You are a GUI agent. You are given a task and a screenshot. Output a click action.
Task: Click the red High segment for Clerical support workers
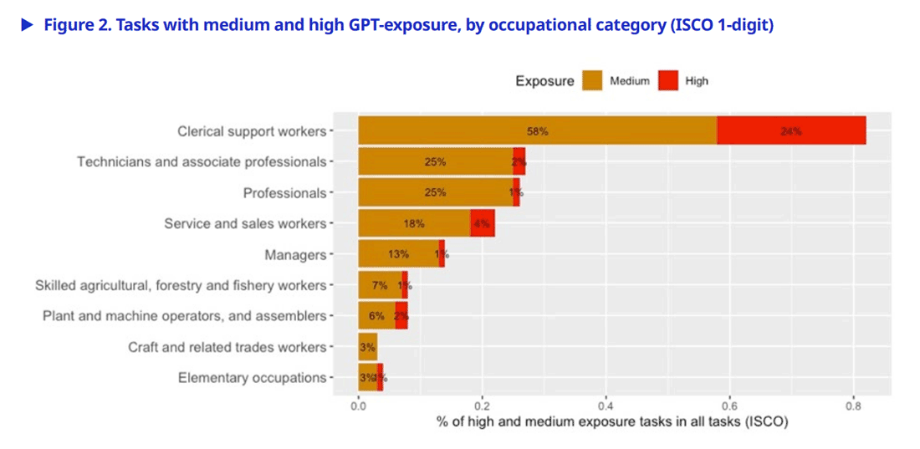click(x=791, y=131)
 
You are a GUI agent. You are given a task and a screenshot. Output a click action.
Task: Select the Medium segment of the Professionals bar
click(x=435, y=192)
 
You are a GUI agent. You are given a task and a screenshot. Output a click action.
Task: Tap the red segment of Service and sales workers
click(x=482, y=223)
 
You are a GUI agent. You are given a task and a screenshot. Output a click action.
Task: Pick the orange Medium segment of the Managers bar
click(x=398, y=254)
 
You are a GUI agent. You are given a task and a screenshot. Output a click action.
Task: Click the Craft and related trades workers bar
click(x=367, y=347)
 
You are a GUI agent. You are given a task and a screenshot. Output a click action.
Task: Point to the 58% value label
click(x=538, y=131)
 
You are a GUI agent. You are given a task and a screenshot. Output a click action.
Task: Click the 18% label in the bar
click(x=414, y=223)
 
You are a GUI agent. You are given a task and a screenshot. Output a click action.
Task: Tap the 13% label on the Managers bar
click(x=398, y=254)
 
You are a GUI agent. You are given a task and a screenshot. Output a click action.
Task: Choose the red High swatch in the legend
click(x=667, y=81)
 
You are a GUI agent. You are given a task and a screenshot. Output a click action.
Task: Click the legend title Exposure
click(x=544, y=81)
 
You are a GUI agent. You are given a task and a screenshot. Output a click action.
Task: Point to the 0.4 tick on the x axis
click(x=606, y=406)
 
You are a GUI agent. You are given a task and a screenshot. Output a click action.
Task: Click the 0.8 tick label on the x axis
click(x=853, y=406)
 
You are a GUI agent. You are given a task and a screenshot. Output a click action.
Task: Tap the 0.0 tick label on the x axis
click(x=358, y=406)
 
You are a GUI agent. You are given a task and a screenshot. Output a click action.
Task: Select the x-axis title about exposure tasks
click(x=612, y=422)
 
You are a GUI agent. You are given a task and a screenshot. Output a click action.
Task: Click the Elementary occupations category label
click(x=252, y=378)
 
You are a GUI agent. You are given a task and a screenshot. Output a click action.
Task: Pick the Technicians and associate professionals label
click(x=202, y=161)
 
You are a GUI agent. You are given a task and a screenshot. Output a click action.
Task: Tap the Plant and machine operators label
click(x=184, y=316)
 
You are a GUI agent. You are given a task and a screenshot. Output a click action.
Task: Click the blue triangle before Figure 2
click(x=27, y=25)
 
